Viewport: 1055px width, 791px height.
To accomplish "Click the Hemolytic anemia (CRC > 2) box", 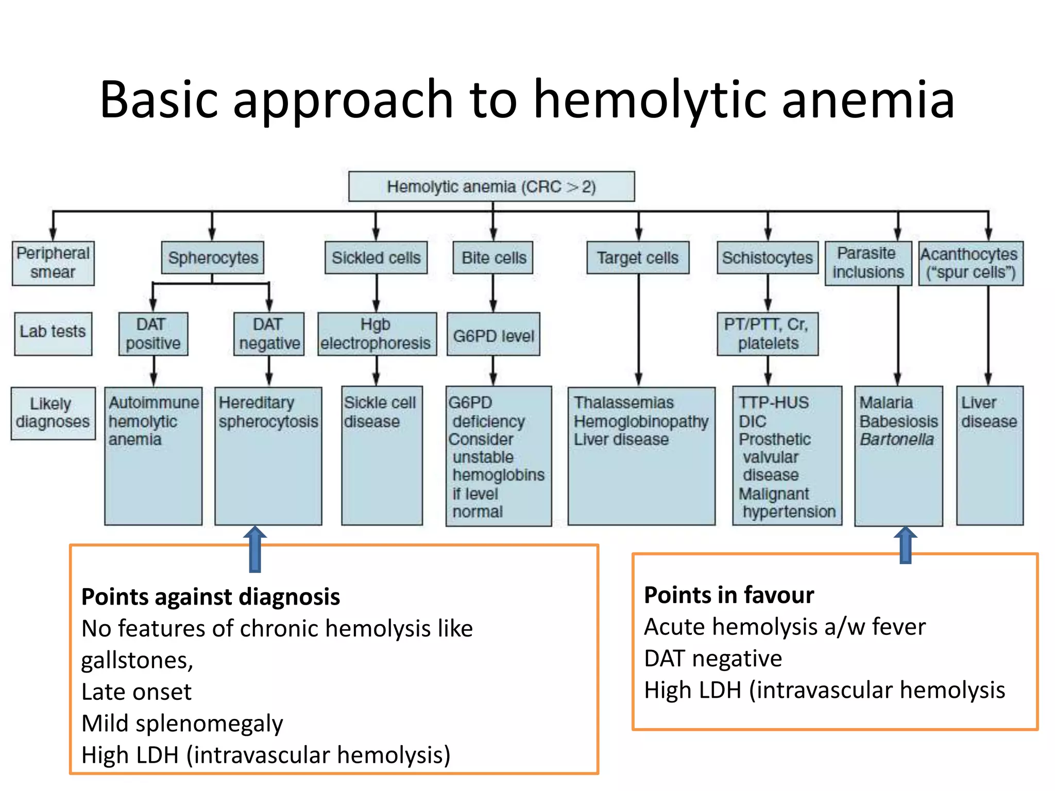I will [491, 186].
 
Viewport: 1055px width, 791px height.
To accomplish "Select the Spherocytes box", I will [212, 257].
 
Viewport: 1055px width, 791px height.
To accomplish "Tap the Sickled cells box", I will [376, 257].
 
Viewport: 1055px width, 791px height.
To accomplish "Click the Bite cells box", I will [493, 257].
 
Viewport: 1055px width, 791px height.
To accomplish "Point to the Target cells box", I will [638, 257].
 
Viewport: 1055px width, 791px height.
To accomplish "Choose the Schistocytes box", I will [767, 257].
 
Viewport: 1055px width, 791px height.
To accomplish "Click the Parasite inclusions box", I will [868, 263].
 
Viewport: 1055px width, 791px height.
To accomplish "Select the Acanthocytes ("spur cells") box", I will [971, 263].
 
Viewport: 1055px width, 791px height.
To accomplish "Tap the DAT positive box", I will [153, 334].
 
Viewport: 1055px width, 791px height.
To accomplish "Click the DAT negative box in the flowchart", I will [269, 334].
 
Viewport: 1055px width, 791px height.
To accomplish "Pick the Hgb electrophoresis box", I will [377, 334].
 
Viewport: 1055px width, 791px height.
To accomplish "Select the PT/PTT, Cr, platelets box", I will [767, 334].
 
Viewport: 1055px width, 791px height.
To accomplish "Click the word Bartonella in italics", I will [896, 440].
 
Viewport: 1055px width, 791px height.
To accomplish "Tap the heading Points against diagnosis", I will [211, 597].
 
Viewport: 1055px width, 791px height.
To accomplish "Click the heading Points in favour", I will [729, 595].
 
